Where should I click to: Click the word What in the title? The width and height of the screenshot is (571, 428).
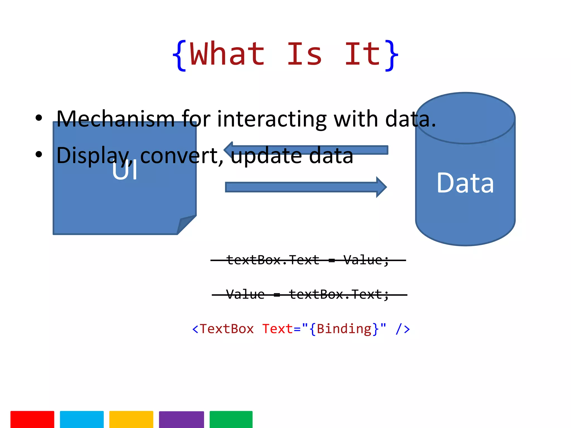click(227, 54)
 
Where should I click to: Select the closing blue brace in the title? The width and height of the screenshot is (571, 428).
click(391, 56)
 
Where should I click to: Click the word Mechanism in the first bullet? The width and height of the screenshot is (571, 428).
click(115, 119)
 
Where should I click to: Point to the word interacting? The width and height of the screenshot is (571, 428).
click(272, 119)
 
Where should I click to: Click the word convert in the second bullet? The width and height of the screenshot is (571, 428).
click(181, 155)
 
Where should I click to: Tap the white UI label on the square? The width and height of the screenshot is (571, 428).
click(125, 171)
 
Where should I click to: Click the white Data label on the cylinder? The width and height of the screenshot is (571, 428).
click(465, 183)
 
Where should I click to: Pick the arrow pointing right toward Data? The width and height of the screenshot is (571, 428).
click(306, 187)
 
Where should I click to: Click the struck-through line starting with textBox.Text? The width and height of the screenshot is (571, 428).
click(308, 260)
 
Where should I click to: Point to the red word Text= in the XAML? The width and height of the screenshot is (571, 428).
click(277, 329)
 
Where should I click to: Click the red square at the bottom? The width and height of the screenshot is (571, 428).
click(32, 419)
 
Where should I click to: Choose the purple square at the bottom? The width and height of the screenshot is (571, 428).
click(181, 419)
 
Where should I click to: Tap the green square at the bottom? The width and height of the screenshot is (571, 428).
click(231, 419)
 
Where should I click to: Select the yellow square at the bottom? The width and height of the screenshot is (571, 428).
click(131, 419)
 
